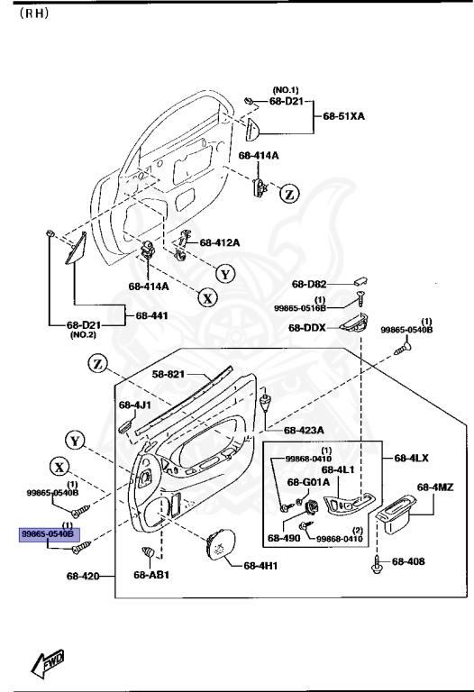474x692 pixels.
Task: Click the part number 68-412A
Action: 220,242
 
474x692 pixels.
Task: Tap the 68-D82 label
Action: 309,284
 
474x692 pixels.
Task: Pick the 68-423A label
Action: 303,430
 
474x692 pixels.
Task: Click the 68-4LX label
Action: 408,459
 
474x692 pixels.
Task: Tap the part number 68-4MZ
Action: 434,487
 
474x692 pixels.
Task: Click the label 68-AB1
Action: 150,575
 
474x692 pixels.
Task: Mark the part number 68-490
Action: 282,538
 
